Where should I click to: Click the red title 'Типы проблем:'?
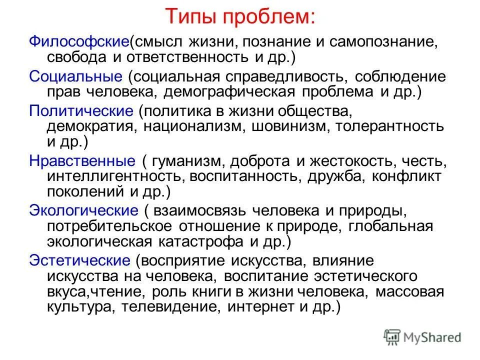[240, 17]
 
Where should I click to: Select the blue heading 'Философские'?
[79, 42]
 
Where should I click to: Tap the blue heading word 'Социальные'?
[75, 76]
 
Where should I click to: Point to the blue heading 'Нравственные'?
[82, 161]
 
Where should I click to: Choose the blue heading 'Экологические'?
[83, 210]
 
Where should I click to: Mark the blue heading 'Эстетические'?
[80, 260]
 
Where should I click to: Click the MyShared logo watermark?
[422, 337]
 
